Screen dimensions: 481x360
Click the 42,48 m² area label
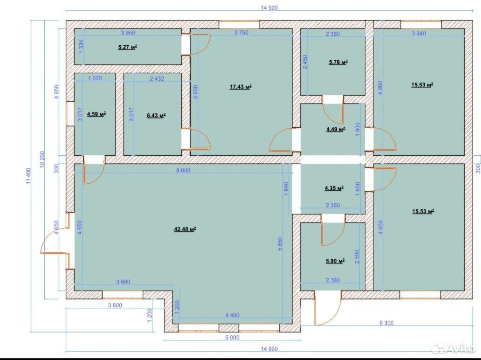[x=186, y=229]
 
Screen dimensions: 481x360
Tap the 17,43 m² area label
[x=241, y=87]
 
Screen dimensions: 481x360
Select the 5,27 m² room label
[x=128, y=47]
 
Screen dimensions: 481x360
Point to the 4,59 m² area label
[x=96, y=114]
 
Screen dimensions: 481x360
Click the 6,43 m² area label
[x=157, y=115]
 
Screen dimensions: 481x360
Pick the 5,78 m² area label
[x=338, y=62]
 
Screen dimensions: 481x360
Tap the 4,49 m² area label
[x=336, y=130]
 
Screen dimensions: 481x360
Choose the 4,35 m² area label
[x=334, y=188]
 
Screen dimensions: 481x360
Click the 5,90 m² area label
[x=335, y=261]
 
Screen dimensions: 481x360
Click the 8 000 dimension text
[x=183, y=170]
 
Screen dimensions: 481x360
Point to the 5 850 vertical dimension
[x=280, y=244]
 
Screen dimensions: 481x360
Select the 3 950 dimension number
[x=128, y=33]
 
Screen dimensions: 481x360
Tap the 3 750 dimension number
[x=241, y=33]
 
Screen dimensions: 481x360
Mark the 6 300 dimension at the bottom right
[x=386, y=323]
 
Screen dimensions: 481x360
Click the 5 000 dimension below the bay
[x=232, y=338]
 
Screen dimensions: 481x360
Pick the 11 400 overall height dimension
[x=28, y=176]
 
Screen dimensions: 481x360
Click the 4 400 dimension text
[x=232, y=315]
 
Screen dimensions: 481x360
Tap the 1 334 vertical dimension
[x=81, y=47]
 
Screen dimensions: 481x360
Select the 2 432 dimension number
[x=157, y=78]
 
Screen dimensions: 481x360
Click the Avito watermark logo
[x=454, y=348]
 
